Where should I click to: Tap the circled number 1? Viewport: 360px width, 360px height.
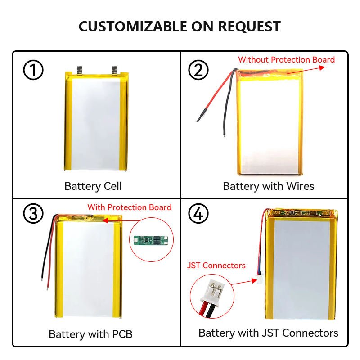(x=33, y=71)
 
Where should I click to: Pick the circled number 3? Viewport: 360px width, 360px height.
(x=33, y=214)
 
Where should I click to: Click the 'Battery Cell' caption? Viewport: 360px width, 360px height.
(x=93, y=186)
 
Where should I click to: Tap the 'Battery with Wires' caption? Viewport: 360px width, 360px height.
(x=268, y=186)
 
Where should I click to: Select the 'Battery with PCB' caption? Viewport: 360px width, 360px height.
(x=90, y=334)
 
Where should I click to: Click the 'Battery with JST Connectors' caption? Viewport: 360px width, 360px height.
(x=268, y=333)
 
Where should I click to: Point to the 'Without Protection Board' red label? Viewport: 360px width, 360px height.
(x=286, y=60)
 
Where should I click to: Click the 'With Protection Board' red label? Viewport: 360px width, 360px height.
(x=129, y=207)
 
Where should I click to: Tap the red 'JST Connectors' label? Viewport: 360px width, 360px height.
(x=216, y=265)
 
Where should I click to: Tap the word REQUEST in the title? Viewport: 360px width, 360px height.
(x=249, y=26)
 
